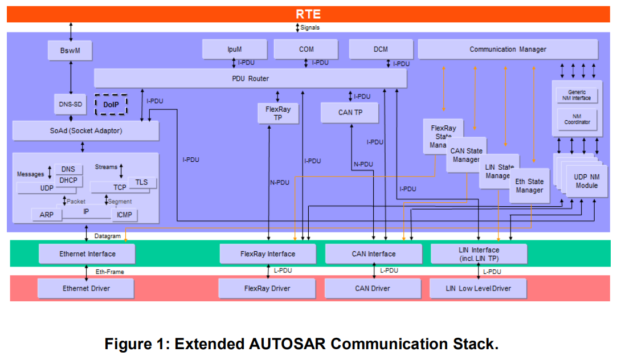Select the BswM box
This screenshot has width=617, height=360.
70,50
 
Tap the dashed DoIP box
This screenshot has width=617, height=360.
111,105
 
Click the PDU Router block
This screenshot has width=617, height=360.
250,79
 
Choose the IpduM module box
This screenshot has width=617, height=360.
226,49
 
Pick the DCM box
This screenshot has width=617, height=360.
381,49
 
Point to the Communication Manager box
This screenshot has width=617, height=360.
508,49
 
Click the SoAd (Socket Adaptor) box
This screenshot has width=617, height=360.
85,130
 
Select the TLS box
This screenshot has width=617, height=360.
141,182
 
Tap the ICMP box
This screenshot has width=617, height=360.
124,215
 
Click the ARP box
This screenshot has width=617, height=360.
47,215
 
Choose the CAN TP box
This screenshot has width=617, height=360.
350,112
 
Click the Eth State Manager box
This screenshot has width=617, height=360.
530,186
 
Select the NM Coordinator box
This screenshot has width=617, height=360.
577,118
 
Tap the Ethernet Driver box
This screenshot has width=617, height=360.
86,288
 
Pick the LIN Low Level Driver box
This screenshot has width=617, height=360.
478,288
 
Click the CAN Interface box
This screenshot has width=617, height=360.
373,253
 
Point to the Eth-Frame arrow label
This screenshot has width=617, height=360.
110,272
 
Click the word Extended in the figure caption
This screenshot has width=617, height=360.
209,344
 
